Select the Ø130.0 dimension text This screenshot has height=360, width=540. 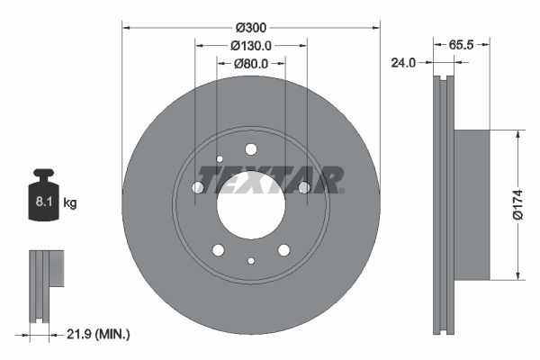point(251,45)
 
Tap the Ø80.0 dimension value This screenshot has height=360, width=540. point(251,64)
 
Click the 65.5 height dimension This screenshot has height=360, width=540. point(461,43)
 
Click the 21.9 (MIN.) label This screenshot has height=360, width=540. point(100,334)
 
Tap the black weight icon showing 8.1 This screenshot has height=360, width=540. point(43,193)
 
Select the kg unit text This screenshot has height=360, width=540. point(70,203)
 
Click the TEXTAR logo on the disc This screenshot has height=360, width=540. point(271,179)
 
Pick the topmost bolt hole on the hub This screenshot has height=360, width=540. point(251,149)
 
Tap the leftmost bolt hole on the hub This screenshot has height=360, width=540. point(198,187)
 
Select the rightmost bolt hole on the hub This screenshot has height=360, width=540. point(304,187)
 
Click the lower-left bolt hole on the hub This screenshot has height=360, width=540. point(218,249)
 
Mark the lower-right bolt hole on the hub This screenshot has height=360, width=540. point(283,249)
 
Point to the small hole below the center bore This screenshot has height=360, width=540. point(251,261)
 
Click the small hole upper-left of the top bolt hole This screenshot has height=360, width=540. point(219,159)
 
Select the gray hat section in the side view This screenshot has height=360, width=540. point(472,203)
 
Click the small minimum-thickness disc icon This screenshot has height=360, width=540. point(45,283)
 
